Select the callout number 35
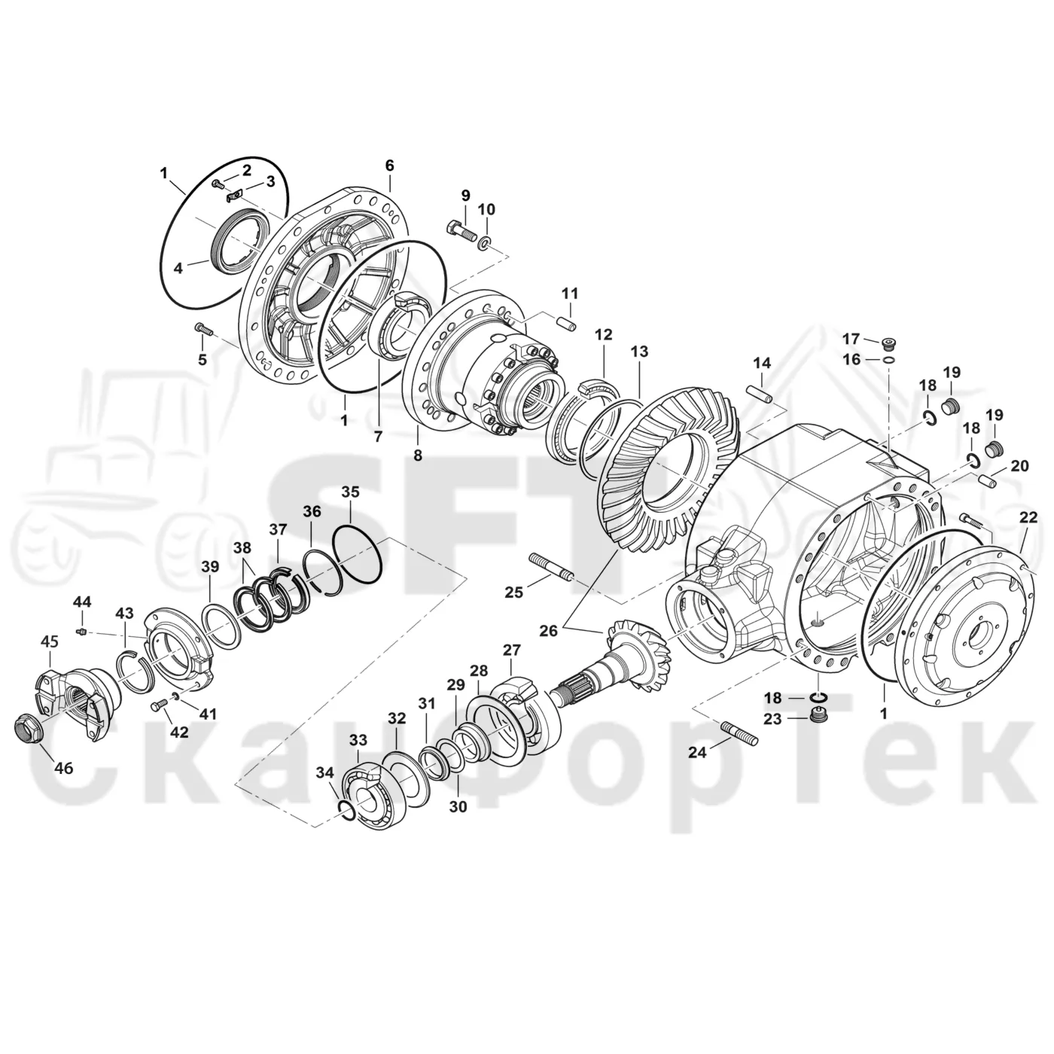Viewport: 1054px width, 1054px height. [351, 492]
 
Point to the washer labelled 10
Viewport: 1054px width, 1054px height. [485, 243]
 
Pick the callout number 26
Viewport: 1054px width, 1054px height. [549, 631]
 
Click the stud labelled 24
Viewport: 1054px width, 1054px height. [741, 733]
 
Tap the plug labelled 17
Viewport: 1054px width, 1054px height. [891, 343]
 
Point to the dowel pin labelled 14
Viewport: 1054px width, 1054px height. [760, 394]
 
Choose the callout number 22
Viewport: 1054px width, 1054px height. [1028, 517]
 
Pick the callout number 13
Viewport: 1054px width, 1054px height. [639, 351]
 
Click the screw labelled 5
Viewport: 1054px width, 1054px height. [203, 329]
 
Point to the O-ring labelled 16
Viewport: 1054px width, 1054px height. [889, 359]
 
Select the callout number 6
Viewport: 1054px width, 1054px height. [389, 165]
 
